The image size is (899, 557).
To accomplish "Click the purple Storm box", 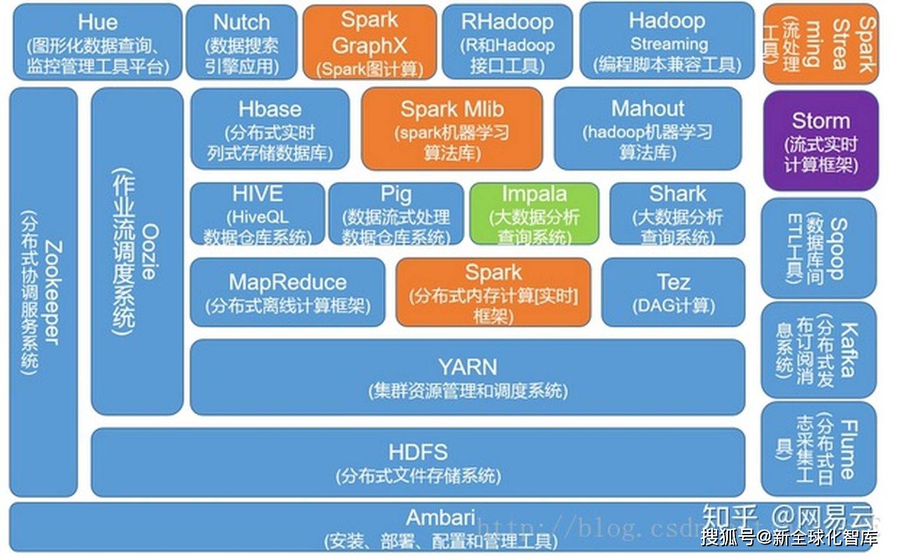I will pos(820,141).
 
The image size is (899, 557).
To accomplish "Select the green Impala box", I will pos(534,214).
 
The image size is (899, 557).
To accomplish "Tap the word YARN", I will pos(468,367).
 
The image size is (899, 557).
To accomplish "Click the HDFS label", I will pos(418,452).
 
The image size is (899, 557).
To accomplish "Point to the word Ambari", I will pos(440,517).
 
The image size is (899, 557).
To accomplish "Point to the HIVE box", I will pos(257,214).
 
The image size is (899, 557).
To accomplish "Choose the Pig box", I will pos(396,214).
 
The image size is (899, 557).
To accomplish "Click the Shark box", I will pos(677,214).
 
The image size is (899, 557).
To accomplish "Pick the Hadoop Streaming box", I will pos(667,42).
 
